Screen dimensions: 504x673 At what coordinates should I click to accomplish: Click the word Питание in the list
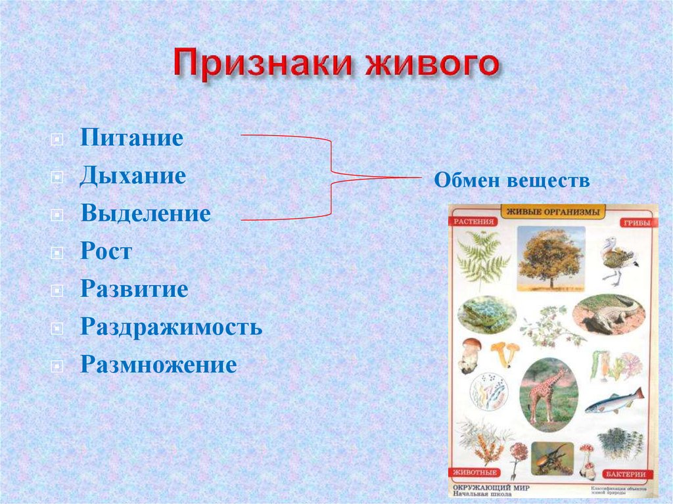click(x=131, y=139)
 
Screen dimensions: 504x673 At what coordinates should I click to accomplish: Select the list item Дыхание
click(x=133, y=176)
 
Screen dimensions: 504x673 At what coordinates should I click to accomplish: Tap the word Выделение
click(x=145, y=214)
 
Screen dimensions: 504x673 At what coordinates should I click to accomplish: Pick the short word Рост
click(x=106, y=251)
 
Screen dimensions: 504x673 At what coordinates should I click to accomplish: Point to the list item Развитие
click(x=134, y=289)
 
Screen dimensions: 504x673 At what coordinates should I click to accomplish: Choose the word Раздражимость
click(x=171, y=327)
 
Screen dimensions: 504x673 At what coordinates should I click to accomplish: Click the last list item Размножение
click(x=158, y=364)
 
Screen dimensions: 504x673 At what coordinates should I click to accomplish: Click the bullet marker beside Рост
click(x=58, y=252)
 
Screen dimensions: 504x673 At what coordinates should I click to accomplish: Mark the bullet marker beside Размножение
click(x=58, y=365)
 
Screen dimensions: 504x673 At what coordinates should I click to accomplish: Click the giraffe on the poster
click(x=547, y=393)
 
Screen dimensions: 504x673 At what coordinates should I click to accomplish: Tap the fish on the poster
click(x=615, y=400)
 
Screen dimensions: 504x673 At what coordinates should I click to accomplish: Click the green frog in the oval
click(x=487, y=315)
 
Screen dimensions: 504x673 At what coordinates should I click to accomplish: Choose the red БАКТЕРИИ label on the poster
click(x=626, y=474)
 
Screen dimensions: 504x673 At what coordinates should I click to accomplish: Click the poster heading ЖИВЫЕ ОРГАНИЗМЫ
click(x=552, y=212)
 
